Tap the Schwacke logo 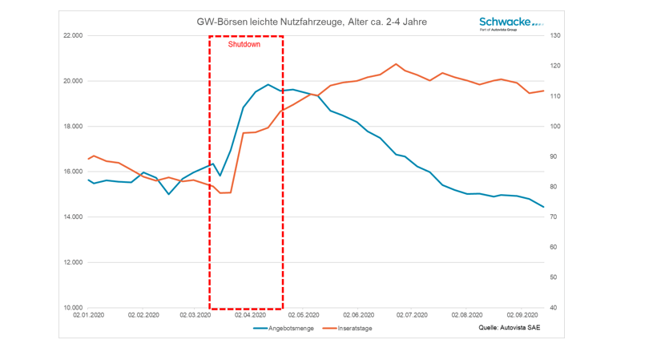tap(510, 23)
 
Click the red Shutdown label tap(244, 45)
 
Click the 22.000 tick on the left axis tap(72, 36)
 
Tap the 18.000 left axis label tap(72, 127)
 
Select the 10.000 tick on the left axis tap(72, 308)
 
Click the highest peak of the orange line tap(396, 64)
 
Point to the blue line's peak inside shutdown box tap(268, 85)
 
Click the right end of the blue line tap(544, 207)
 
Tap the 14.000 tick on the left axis tap(72, 217)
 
